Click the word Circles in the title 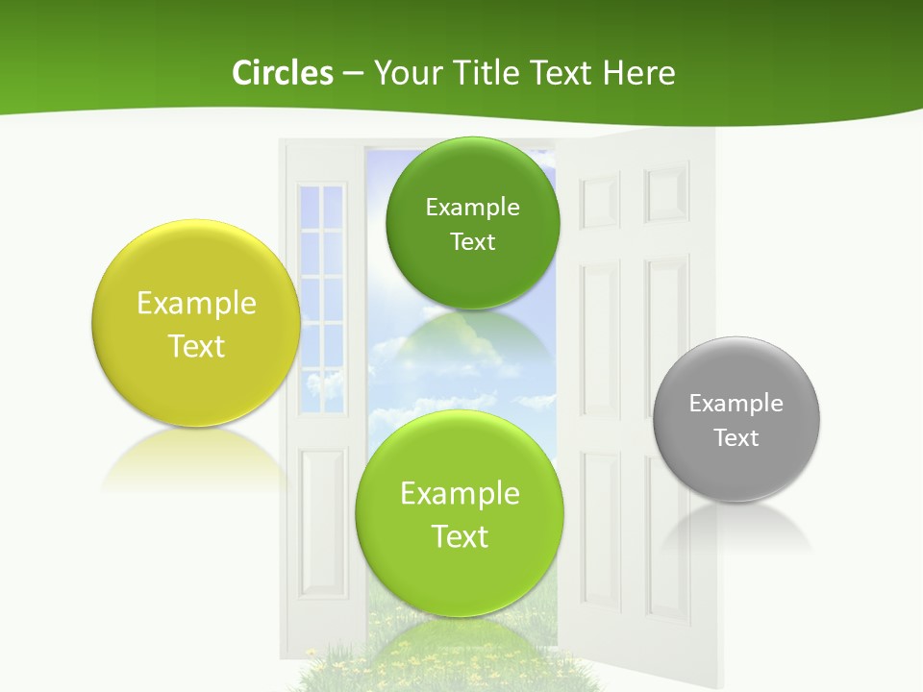282,73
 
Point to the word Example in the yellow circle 196,304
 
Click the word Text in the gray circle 736,438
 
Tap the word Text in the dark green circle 472,242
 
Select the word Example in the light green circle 460,494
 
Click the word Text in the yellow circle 196,346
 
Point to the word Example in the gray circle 736,404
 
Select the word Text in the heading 562,73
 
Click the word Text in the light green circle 460,536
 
